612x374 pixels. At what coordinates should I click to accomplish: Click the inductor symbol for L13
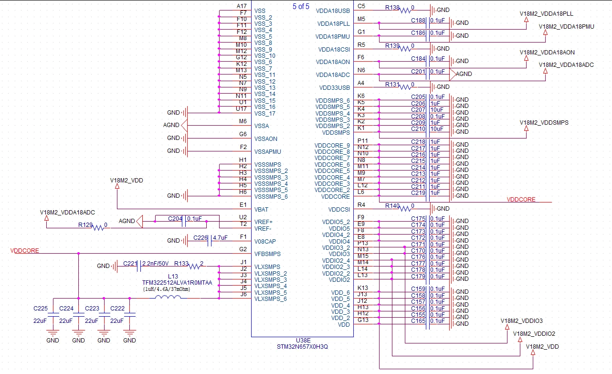point(168,297)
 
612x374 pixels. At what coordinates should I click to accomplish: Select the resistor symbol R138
point(405,11)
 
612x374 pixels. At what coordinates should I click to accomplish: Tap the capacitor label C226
point(200,238)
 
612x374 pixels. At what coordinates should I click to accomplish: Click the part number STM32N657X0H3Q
point(302,347)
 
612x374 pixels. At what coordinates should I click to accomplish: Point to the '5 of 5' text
point(301,6)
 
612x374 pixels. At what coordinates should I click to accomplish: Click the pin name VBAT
point(261,209)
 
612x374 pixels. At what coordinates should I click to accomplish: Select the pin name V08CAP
point(265,241)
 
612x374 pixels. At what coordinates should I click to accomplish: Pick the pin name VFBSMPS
point(267,254)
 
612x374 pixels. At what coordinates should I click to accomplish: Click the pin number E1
point(243,205)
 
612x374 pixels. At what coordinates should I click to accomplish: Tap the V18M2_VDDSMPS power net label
point(544,123)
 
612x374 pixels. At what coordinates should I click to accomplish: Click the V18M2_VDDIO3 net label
point(521,321)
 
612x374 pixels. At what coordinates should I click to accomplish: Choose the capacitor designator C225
point(41,309)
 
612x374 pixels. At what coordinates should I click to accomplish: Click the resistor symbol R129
point(98,227)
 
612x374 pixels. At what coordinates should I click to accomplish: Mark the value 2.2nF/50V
point(155,264)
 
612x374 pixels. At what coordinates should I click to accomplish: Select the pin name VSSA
point(262,126)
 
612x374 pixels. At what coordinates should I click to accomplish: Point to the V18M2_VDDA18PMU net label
point(566,27)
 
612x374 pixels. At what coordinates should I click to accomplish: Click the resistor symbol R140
point(405,209)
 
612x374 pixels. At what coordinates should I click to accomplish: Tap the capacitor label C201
point(418,71)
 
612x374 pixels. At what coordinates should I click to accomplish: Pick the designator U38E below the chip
point(303,341)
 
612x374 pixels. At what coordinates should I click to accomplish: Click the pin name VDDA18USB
point(333,11)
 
